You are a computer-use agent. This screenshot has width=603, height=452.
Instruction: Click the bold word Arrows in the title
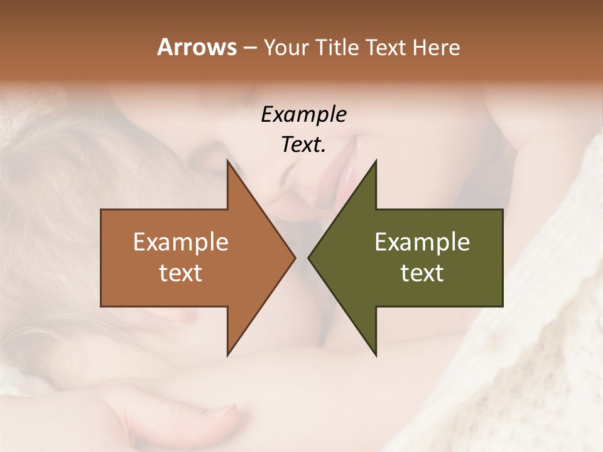coord(197,47)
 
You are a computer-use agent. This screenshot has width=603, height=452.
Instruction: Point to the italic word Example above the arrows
coord(303,115)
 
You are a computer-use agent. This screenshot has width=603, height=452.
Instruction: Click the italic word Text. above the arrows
coord(303,145)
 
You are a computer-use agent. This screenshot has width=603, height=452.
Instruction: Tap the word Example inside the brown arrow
coord(181,242)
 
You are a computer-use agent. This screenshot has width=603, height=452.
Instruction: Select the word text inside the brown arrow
coord(181,273)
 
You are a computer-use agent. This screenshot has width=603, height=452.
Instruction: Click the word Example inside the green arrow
coord(422,242)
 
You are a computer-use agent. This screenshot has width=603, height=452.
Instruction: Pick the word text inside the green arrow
coord(422,273)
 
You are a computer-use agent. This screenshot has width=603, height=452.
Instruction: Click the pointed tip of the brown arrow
coord(294,258)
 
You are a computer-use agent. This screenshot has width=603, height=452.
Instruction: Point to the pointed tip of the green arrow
coord(309,258)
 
